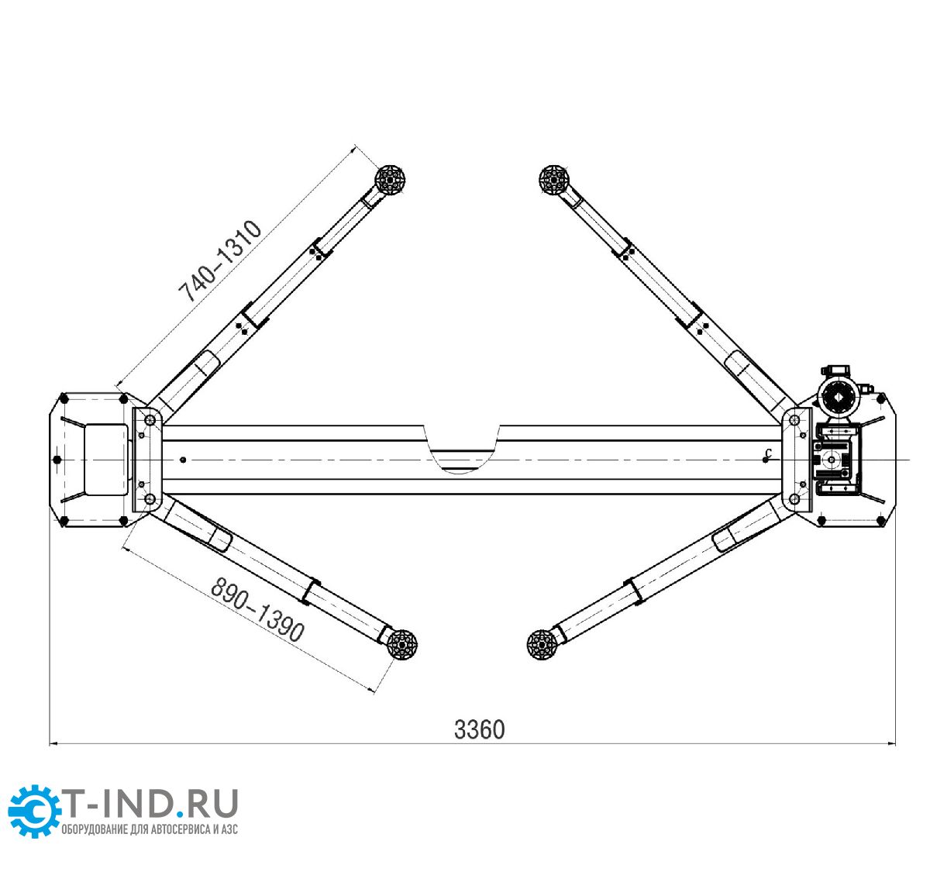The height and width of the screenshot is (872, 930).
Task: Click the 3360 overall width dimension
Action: click(479, 729)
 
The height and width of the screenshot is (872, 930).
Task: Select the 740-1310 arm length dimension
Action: click(219, 261)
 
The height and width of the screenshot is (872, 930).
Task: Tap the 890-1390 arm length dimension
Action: click(257, 609)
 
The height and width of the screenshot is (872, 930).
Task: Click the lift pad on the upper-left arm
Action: click(390, 180)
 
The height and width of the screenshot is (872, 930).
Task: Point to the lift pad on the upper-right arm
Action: click(554, 180)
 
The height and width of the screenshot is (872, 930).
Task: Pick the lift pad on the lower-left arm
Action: click(401, 645)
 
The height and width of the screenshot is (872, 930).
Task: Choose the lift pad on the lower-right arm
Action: click(542, 645)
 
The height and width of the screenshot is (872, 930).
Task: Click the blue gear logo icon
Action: click(34, 811)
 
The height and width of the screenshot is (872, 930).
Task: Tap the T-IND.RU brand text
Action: click(150, 803)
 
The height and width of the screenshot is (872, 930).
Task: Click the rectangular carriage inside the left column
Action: click(107, 459)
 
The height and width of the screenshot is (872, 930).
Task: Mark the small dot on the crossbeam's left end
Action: click(183, 460)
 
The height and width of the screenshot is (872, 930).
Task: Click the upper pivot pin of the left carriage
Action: click(150, 420)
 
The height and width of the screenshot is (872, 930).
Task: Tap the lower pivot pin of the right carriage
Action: click(794, 498)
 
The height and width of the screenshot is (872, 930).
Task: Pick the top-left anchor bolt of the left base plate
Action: click(64, 398)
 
